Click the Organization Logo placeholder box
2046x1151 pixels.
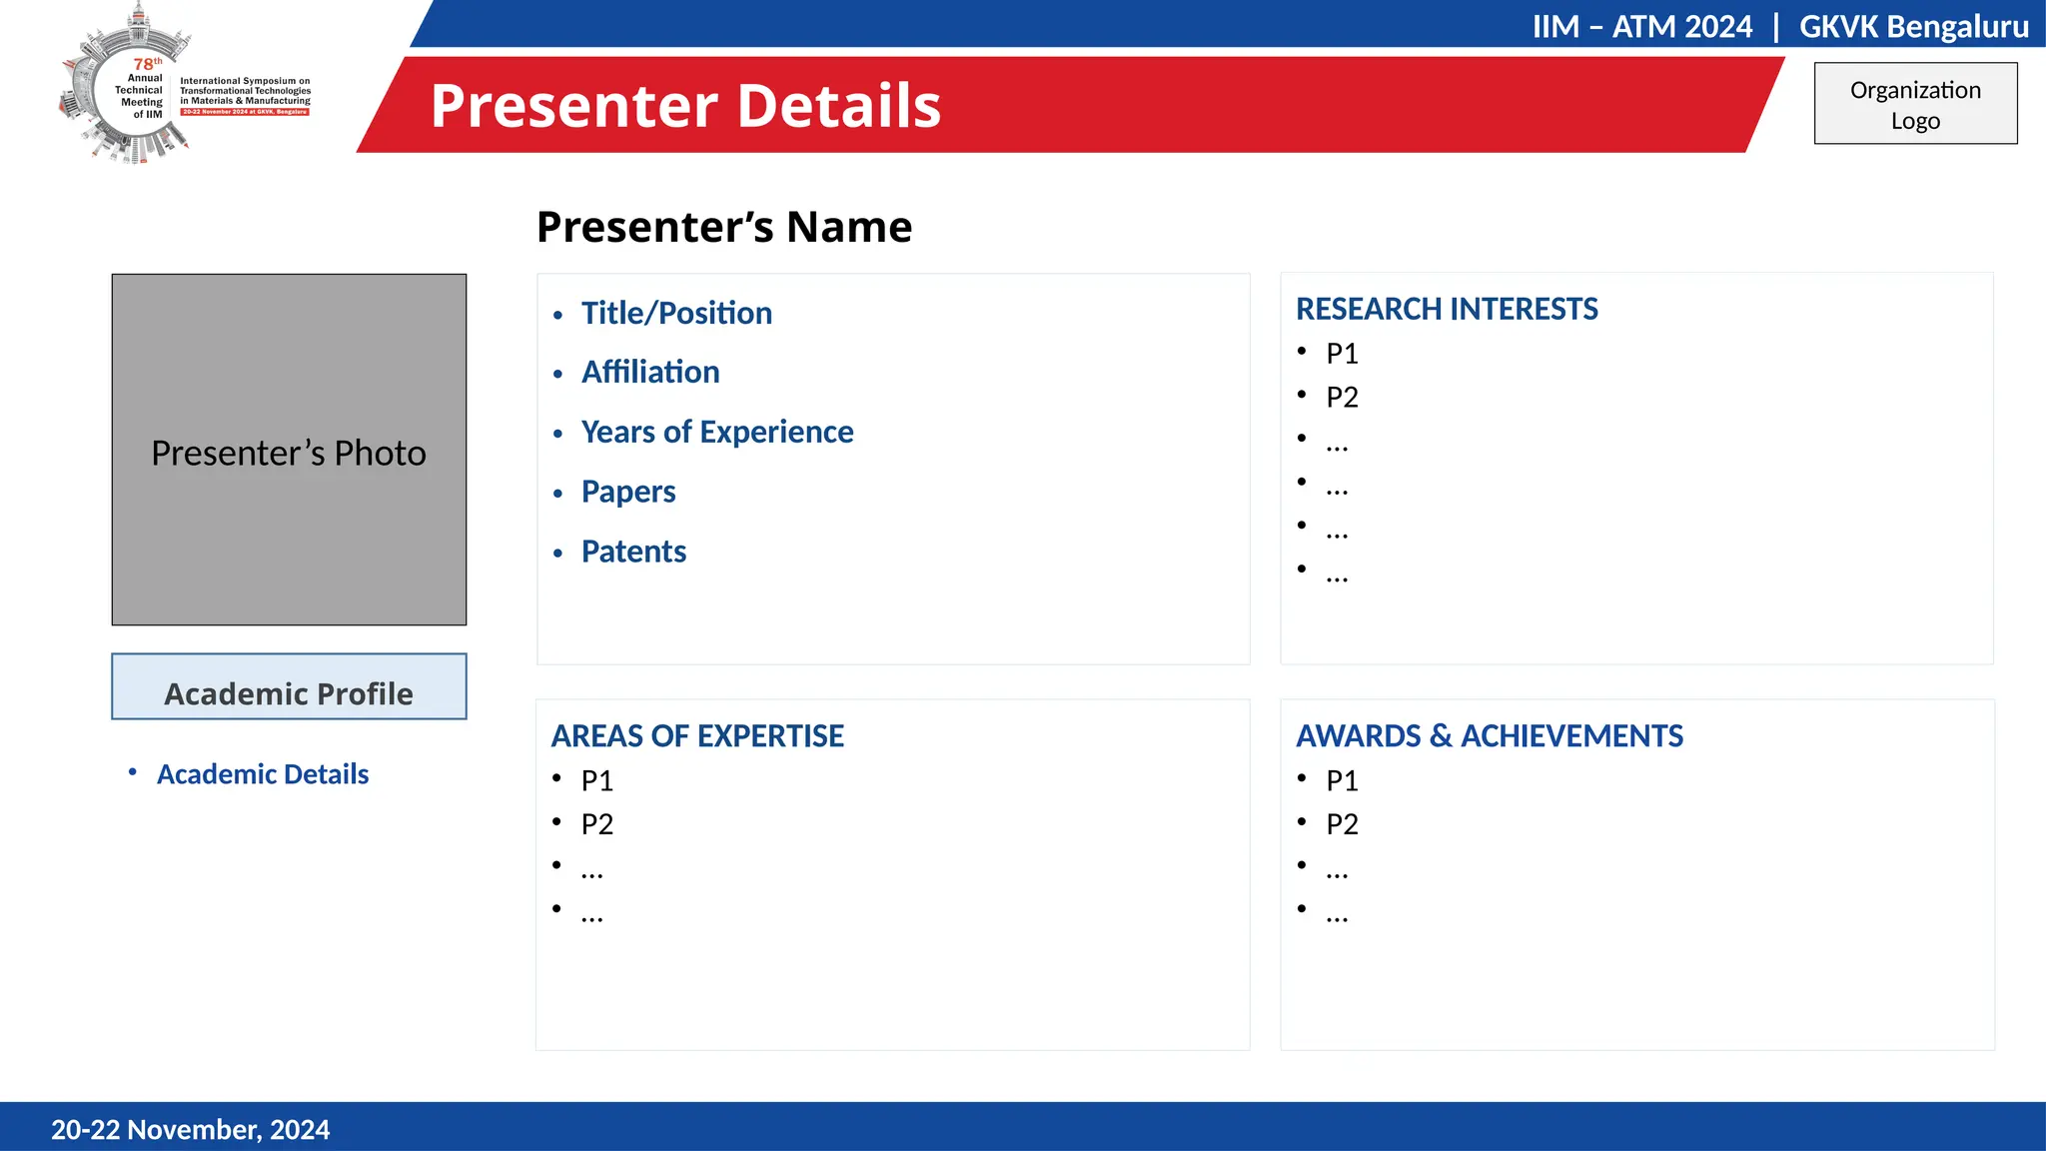pyautogui.click(x=1915, y=104)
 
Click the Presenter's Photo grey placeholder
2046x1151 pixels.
pyautogui.click(x=289, y=450)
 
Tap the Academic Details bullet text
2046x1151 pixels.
pyautogui.click(x=263, y=774)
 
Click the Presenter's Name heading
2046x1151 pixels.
pyautogui.click(x=724, y=227)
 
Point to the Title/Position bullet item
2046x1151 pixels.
pyautogui.click(x=676, y=314)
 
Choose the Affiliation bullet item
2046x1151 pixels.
pyautogui.click(x=650, y=373)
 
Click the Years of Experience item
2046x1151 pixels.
pyautogui.click(x=717, y=432)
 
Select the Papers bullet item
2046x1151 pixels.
pyautogui.click(x=628, y=492)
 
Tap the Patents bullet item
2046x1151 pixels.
pyautogui.click(x=633, y=552)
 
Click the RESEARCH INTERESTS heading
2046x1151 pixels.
pyautogui.click(x=1447, y=310)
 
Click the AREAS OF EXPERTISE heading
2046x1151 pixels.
pyautogui.click(x=697, y=736)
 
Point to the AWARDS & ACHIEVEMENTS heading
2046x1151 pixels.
pyautogui.click(x=1489, y=736)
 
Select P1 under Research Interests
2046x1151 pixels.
pyautogui.click(x=1342, y=354)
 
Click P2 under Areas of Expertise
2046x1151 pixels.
pyautogui.click(x=597, y=824)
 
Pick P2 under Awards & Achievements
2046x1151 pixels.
pyautogui.click(x=1342, y=824)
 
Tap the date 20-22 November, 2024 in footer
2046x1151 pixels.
pyautogui.click(x=190, y=1130)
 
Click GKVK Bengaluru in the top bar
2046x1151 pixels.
pyautogui.click(x=1913, y=26)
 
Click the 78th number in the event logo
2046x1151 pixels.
pyautogui.click(x=146, y=64)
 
